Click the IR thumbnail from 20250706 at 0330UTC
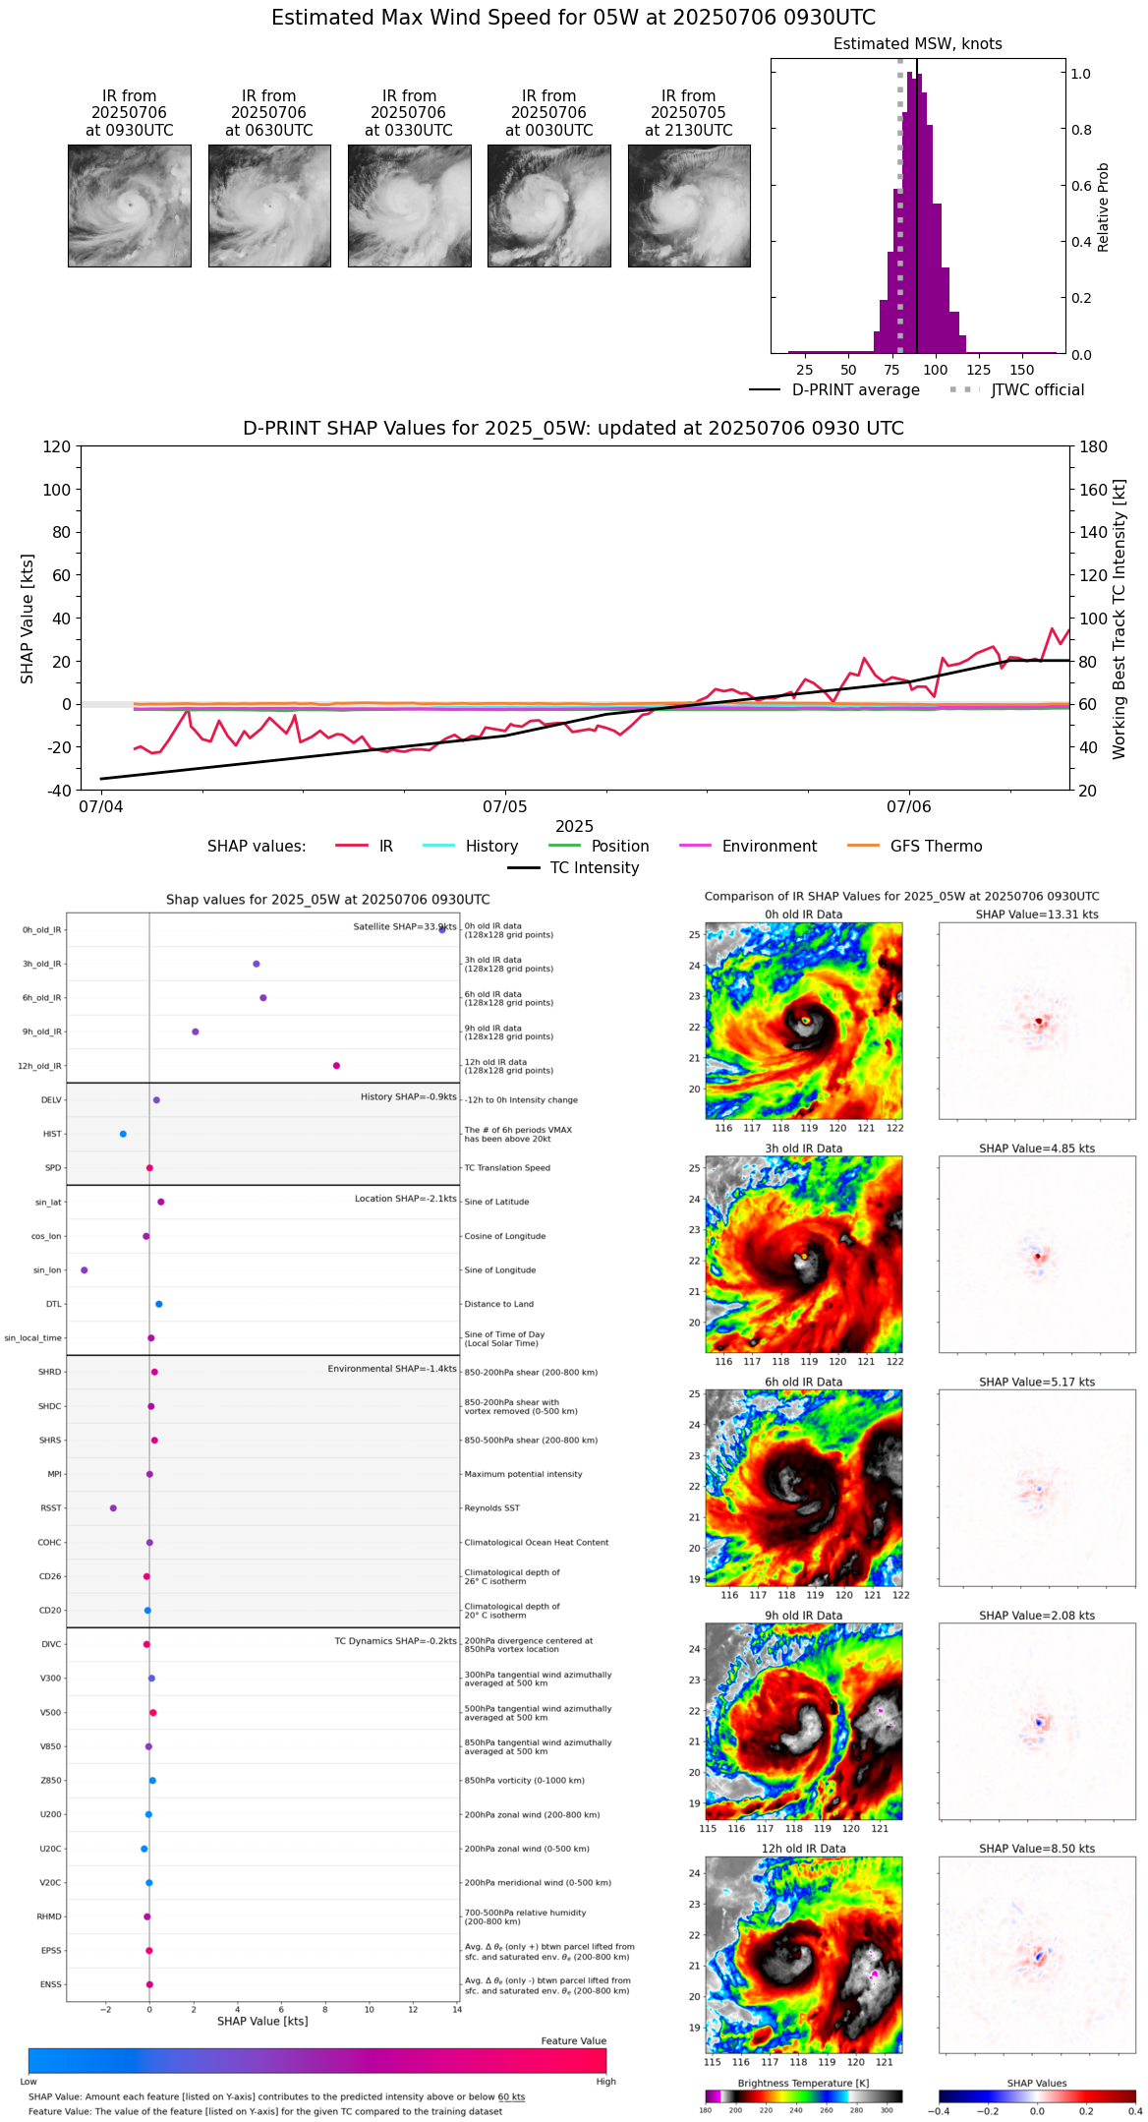tap(409, 206)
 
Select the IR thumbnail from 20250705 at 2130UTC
tap(689, 206)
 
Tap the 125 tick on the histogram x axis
tap(978, 370)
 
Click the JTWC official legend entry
tap(1037, 390)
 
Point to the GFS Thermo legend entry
tap(936, 847)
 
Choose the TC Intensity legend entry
tap(594, 868)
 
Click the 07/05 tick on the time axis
tap(504, 807)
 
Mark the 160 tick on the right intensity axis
tap(1094, 490)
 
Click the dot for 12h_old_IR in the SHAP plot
tap(336, 1066)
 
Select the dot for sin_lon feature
tap(85, 1270)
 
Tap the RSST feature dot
tap(113, 1508)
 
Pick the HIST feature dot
tap(123, 1134)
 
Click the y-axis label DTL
tap(53, 1305)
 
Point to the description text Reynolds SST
tap(491, 1508)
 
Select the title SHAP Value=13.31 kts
tap(1037, 914)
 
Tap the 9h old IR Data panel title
tap(803, 1616)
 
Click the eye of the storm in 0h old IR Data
tap(806, 1021)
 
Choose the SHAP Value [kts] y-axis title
tap(28, 619)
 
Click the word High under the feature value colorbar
tap(605, 2082)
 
